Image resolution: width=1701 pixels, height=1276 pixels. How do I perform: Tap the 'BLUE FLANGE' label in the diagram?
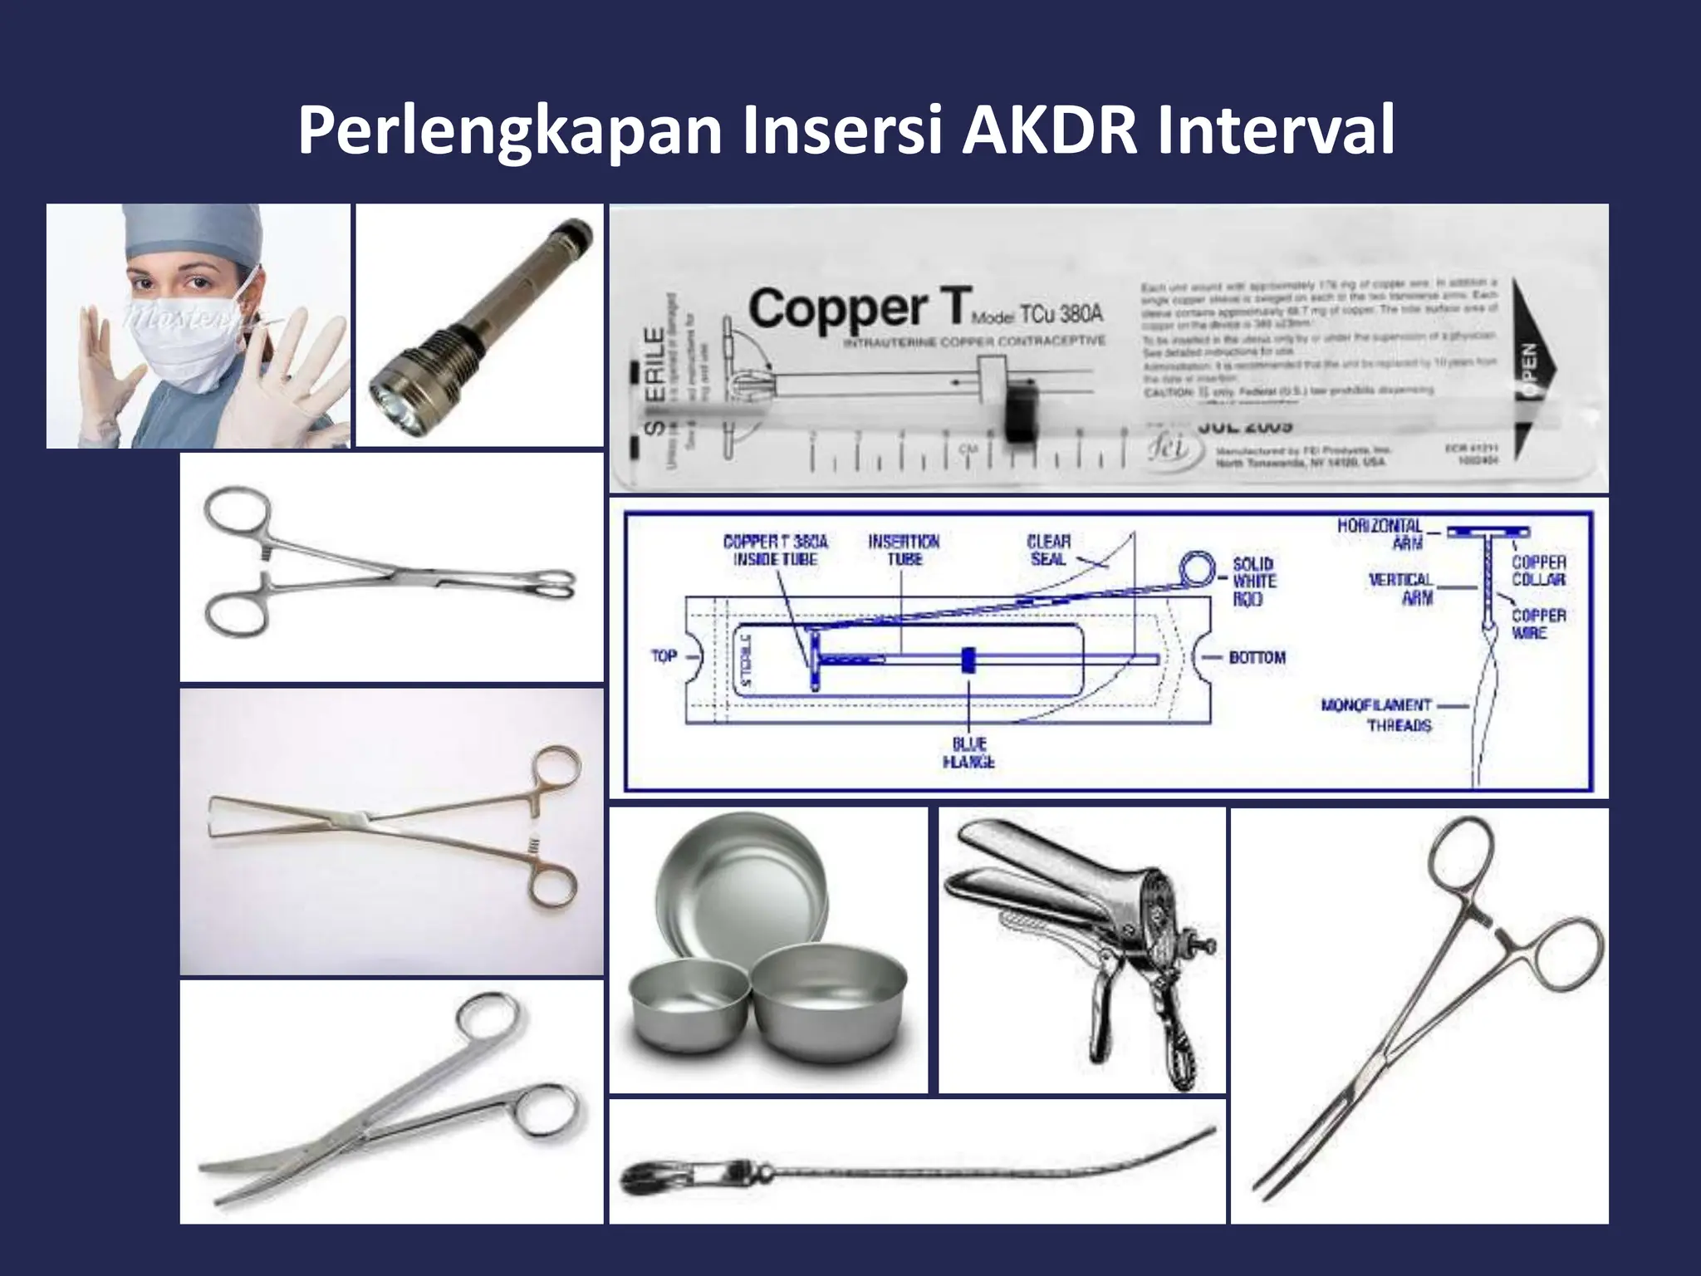click(968, 753)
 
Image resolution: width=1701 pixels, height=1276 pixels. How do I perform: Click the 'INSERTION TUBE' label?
click(904, 550)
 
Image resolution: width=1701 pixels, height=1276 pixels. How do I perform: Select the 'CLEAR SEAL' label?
click(1048, 550)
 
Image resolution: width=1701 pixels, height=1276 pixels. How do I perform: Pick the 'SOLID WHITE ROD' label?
click(1253, 581)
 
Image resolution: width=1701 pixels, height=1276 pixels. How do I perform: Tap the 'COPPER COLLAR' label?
click(1538, 571)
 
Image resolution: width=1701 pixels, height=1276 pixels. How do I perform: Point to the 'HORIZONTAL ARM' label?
click(1380, 534)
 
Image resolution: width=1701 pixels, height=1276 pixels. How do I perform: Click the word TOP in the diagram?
click(664, 656)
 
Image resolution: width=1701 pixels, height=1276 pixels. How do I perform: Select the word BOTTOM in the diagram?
click(1257, 657)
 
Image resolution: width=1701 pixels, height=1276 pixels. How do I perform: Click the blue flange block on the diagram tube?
click(968, 660)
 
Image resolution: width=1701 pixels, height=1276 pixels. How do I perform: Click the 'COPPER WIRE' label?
click(1538, 624)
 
